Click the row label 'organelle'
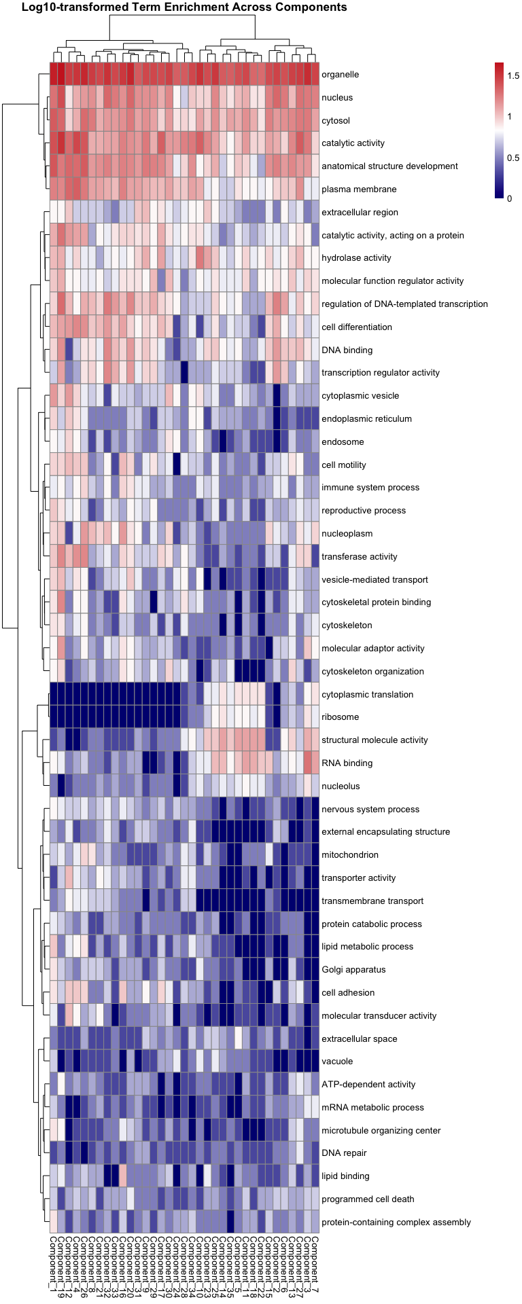click(x=340, y=75)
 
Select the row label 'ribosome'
click(x=340, y=717)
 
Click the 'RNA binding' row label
click(x=347, y=763)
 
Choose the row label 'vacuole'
click(x=337, y=1062)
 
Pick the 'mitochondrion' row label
click(x=350, y=855)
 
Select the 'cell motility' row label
click(x=343, y=465)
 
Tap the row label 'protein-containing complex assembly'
click(x=396, y=1222)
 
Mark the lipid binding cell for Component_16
click(x=123, y=1176)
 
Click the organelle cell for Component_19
click(x=61, y=75)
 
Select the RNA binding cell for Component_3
click(x=307, y=763)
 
